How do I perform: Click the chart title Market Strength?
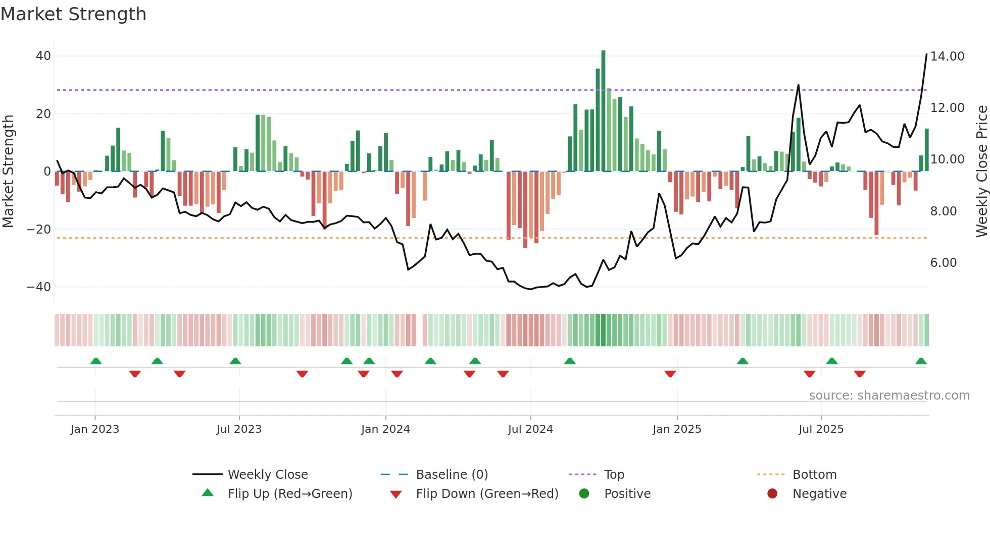tap(73, 14)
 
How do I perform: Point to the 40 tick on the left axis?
tap(43, 56)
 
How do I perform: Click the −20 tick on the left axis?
tap(39, 230)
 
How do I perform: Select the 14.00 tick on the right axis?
tap(947, 57)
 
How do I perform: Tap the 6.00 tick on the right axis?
tap(943, 263)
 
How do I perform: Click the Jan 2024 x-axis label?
tap(385, 429)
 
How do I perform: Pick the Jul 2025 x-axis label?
tap(821, 429)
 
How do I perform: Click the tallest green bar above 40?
tap(603, 111)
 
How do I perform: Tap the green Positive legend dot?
tap(584, 494)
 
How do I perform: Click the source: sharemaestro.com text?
tap(889, 396)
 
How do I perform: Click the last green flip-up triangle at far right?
tap(921, 361)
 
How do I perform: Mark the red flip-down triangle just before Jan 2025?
tap(670, 374)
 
